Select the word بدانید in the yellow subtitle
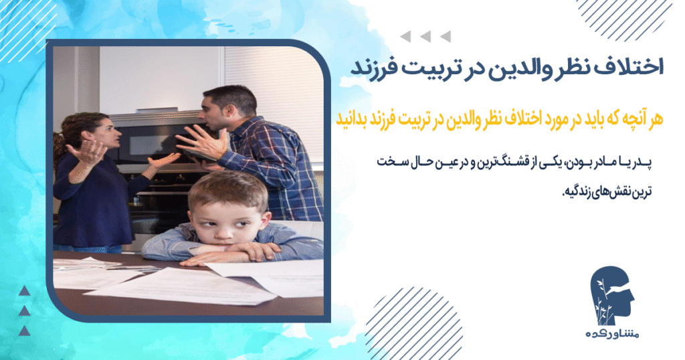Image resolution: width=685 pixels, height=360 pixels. click(355, 118)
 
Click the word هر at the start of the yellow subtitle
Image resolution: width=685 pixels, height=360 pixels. click(654, 118)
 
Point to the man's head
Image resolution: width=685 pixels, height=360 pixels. click(230, 107)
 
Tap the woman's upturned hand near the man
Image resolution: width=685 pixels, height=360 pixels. click(162, 161)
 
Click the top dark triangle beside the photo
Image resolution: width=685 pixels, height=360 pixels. click(25, 290)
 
